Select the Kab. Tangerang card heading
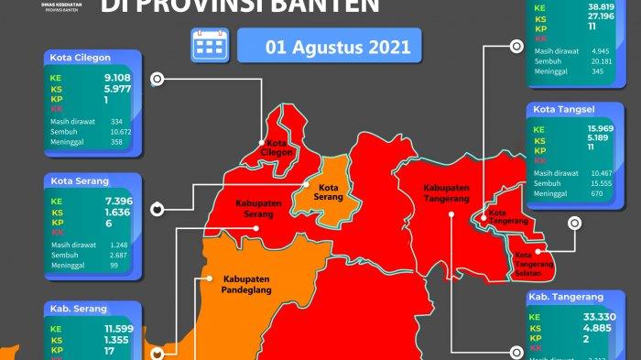pos(566,298)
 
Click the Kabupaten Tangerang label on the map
pos(446,193)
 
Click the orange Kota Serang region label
pos(327,194)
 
